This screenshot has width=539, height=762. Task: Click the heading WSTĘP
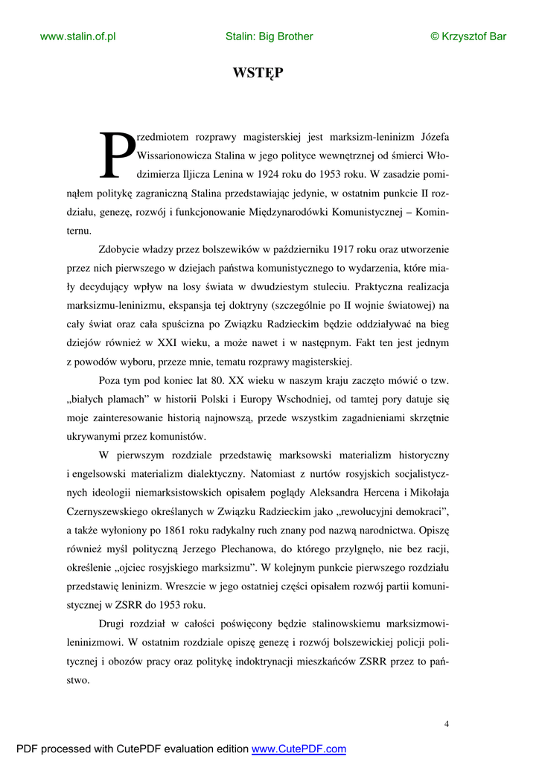click(x=258, y=73)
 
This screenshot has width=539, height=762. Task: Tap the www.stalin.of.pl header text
click(x=77, y=36)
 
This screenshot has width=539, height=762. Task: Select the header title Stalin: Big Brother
click(x=269, y=36)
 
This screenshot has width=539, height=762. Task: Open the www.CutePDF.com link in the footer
click(x=299, y=749)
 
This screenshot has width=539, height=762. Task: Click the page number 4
click(x=446, y=724)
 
